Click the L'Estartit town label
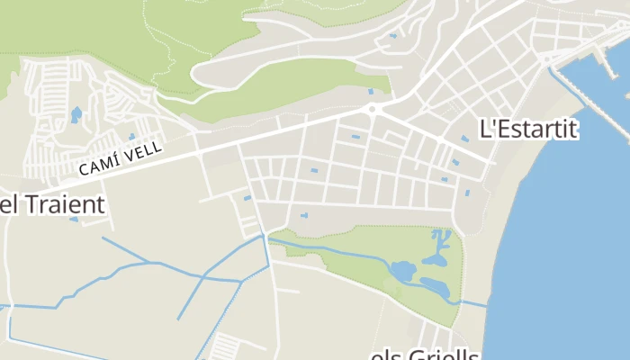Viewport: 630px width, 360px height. (x=529, y=129)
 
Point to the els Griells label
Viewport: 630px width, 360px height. (x=425, y=354)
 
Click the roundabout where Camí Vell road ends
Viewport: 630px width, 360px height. (x=372, y=110)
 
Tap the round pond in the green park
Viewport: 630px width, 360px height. (x=401, y=270)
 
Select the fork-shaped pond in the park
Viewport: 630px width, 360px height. (x=440, y=247)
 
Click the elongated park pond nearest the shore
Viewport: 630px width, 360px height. (x=435, y=288)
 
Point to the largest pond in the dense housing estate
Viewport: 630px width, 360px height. (x=76, y=114)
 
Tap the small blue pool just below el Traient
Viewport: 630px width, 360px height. (x=74, y=219)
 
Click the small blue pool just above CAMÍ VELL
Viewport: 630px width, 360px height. (x=131, y=137)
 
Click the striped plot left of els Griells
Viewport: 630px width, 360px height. (x=225, y=346)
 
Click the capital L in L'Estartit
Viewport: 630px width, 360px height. (x=487, y=129)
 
